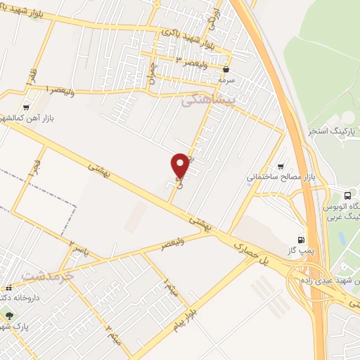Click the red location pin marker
pos(180,166)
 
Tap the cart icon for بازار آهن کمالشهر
pos(26,108)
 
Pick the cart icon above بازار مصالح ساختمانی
pos(281,166)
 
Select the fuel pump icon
pos(302,240)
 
